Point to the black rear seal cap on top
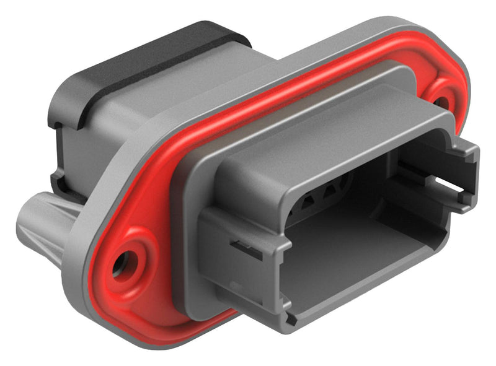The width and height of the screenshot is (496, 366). click(155, 62)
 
